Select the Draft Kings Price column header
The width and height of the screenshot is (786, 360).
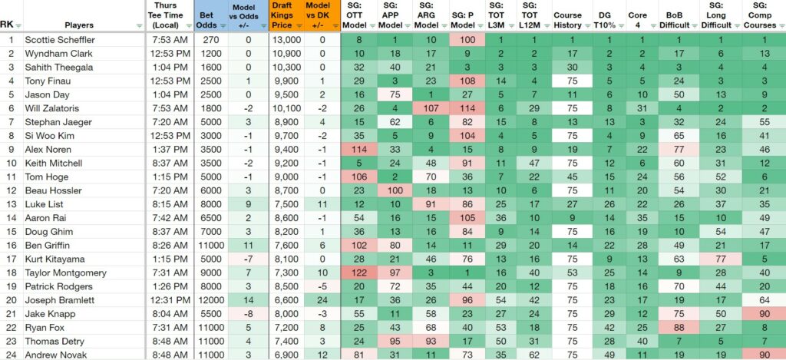[282, 16]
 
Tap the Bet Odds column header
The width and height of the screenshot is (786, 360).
[207, 20]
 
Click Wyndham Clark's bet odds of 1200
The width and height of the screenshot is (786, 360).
[210, 54]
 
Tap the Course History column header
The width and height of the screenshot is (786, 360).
[568, 20]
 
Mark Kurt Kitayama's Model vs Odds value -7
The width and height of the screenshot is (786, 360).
[248, 259]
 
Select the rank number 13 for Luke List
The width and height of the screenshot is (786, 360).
[11, 205]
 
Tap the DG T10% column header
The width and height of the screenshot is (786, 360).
[605, 20]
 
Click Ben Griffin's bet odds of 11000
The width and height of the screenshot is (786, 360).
[210, 246]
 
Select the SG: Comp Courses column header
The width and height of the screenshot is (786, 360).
[760, 15]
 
